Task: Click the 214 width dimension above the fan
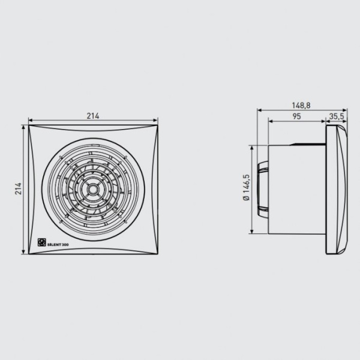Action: [93, 115]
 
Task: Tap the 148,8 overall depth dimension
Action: [302, 105]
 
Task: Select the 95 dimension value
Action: [296, 116]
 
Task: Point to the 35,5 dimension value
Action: [337, 116]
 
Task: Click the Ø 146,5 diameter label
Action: [246, 189]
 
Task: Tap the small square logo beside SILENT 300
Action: [43, 242]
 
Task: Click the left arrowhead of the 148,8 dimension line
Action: [259, 110]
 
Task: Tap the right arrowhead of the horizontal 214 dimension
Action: [160, 120]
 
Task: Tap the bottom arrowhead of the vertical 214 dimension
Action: [25, 253]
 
